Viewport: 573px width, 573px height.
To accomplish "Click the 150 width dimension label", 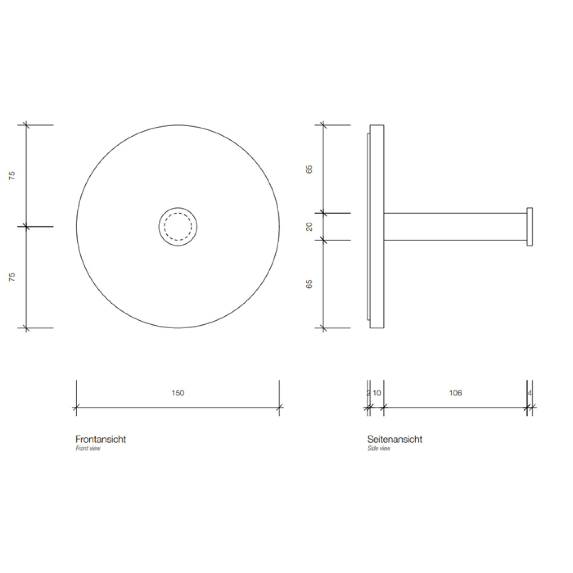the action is click(178, 393).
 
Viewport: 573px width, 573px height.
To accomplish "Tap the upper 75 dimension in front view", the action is click(12, 176).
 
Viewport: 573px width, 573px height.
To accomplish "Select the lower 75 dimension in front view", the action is click(12, 277).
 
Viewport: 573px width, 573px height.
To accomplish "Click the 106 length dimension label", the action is click(455, 393).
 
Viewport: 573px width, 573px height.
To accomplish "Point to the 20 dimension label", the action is click(309, 226).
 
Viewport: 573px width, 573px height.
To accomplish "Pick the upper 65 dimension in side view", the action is click(309, 169).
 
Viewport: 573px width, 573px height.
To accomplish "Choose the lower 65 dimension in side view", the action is click(309, 284).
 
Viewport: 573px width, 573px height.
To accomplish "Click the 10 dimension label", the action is click(377, 393).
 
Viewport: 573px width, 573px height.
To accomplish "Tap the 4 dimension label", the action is click(530, 393).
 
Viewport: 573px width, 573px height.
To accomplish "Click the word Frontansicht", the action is click(101, 439).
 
